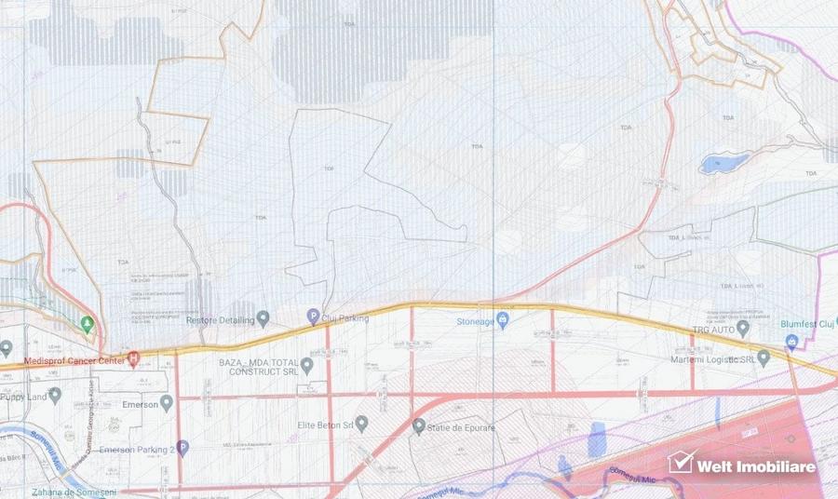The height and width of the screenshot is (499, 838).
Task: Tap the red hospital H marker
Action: [x=133, y=358]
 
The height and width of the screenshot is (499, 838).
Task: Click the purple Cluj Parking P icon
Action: [x=313, y=317]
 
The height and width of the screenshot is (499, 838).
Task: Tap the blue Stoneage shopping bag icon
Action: [x=503, y=321]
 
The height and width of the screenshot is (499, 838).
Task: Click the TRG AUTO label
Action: [x=722, y=330]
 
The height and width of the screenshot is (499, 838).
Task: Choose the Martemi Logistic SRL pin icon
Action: [x=764, y=357]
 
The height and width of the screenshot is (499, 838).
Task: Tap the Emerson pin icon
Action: [x=167, y=403]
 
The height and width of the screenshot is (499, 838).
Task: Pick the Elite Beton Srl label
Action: [x=323, y=425]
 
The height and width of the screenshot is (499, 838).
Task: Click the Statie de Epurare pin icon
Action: [x=419, y=426]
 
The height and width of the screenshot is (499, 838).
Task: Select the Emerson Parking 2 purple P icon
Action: [x=182, y=449]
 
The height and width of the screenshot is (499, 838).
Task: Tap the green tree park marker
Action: [x=87, y=324]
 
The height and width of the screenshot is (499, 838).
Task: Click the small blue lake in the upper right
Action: [x=717, y=165]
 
